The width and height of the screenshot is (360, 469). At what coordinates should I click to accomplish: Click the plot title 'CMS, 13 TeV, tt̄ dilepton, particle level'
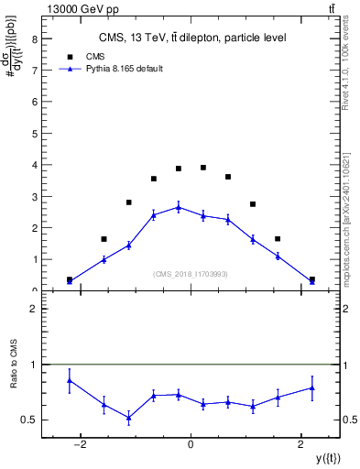coord(191,38)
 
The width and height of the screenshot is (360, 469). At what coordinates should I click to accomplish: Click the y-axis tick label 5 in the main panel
coord(34,134)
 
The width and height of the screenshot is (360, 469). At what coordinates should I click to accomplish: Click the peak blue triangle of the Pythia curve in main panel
coord(179,207)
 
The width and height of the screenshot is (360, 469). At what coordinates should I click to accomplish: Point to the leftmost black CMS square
coord(70,279)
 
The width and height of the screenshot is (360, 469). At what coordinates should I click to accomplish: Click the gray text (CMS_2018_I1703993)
coord(191,274)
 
